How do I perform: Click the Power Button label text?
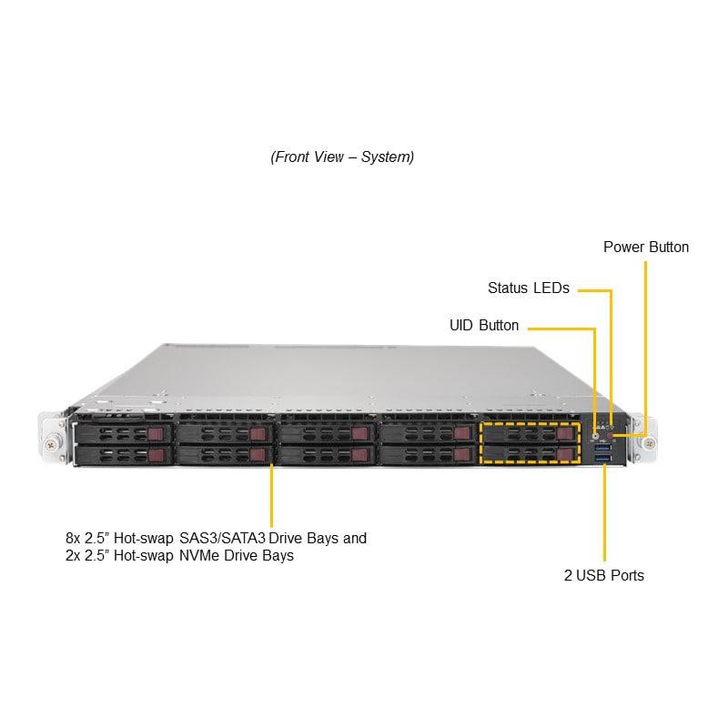[646, 247]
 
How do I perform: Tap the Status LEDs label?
[528, 288]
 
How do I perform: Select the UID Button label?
[484, 325]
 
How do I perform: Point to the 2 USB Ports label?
[603, 575]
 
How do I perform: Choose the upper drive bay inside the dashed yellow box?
[528, 434]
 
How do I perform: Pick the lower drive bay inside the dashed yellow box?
[528, 454]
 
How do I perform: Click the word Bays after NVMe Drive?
[277, 555]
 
